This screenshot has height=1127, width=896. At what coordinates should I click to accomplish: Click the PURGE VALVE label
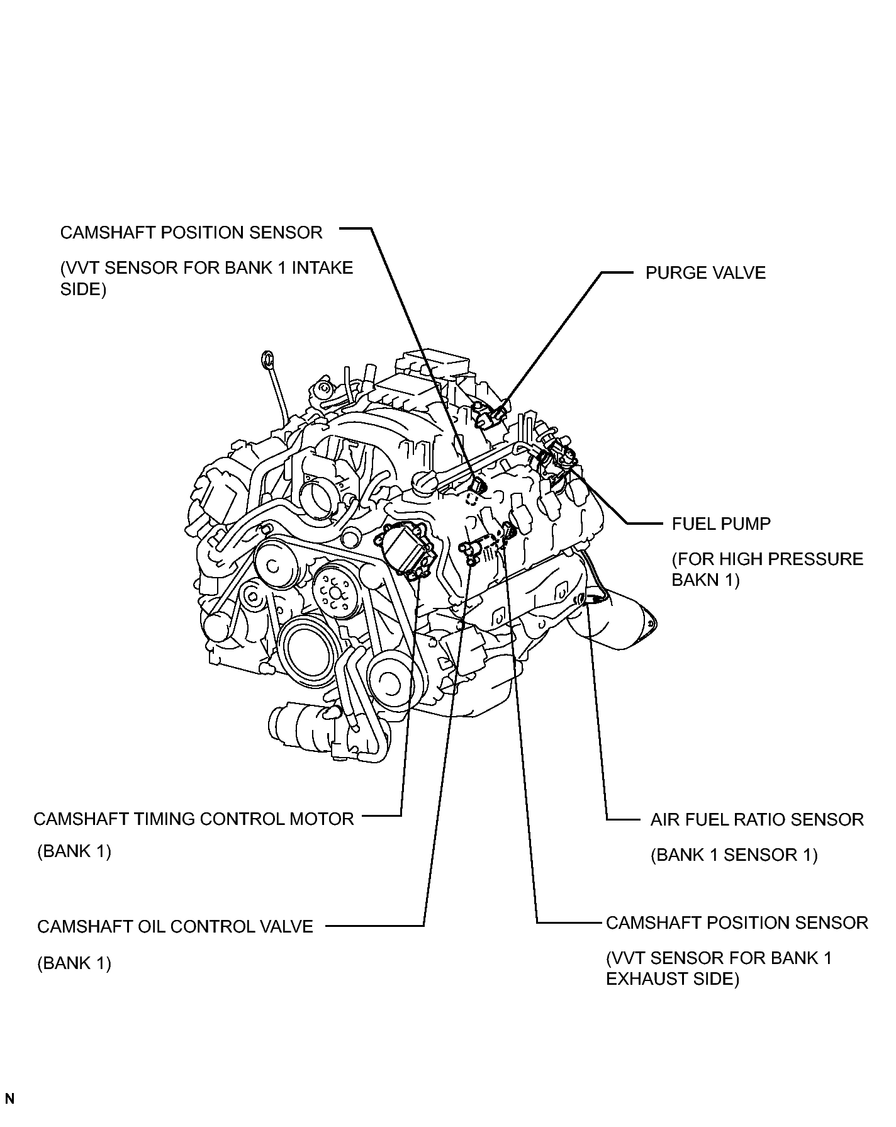pyautogui.click(x=705, y=273)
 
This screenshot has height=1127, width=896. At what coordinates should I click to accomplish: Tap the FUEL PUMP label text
pyautogui.click(x=721, y=524)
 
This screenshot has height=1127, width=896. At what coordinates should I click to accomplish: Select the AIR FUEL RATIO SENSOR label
pyautogui.click(x=757, y=819)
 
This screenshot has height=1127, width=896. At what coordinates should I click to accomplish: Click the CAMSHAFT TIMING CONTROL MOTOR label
pyautogui.click(x=194, y=819)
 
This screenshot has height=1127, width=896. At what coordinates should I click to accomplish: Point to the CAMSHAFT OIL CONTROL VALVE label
pyautogui.click(x=175, y=926)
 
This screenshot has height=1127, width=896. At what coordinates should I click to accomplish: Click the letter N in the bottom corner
pyautogui.click(x=9, y=1099)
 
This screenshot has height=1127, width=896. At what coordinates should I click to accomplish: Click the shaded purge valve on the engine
pyautogui.click(x=489, y=414)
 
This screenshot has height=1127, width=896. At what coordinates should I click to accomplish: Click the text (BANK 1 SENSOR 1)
pyautogui.click(x=734, y=855)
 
